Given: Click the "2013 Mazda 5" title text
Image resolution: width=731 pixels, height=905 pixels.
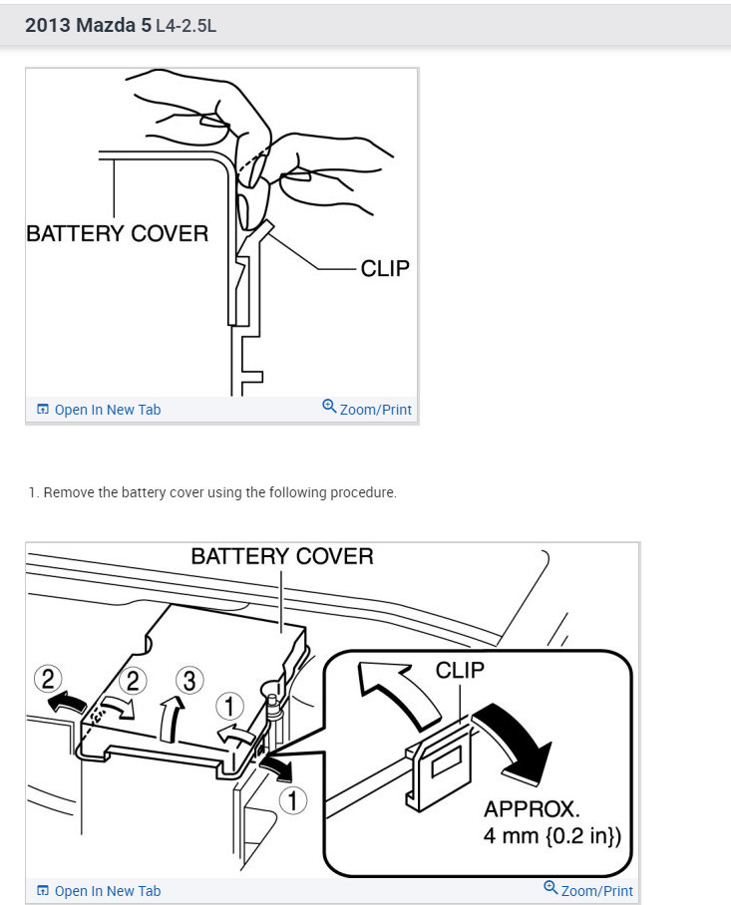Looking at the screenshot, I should [88, 25].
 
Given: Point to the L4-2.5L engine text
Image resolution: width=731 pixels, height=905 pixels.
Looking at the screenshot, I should [186, 26].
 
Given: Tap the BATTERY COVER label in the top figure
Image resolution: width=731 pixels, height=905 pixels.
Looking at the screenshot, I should [117, 233].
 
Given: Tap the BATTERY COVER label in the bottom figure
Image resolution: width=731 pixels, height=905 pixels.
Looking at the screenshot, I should [282, 556].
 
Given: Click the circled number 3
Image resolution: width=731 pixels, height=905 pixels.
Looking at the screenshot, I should [188, 681].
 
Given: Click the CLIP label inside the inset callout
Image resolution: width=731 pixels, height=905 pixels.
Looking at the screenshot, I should [460, 670].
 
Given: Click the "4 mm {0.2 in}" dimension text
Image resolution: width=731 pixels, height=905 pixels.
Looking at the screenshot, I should [551, 835].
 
